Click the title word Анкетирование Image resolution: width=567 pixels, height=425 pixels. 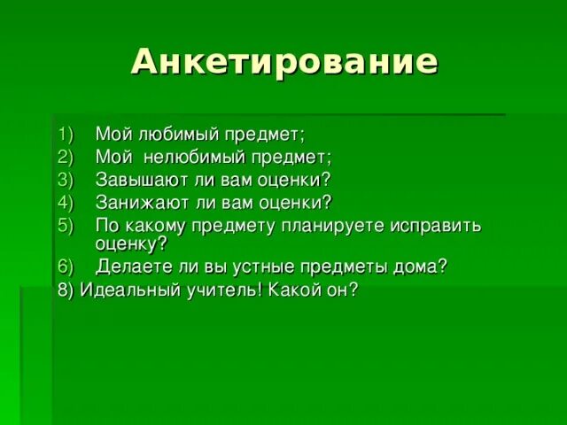coord(283,63)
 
